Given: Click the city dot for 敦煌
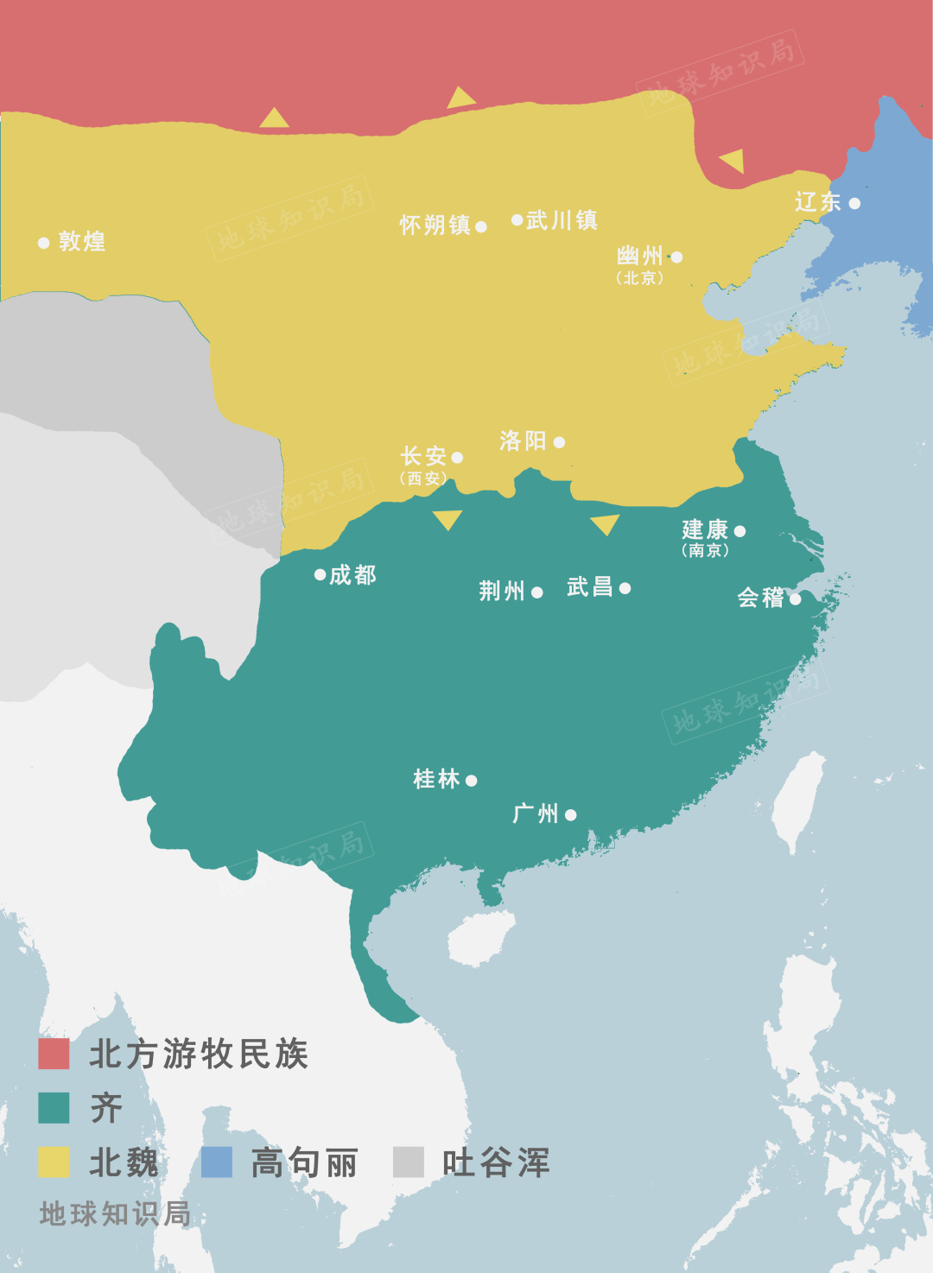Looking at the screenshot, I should tap(44, 243).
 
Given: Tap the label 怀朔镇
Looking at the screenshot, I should tap(435, 225).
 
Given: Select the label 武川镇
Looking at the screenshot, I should tap(562, 221).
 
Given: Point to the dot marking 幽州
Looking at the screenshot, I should tap(676, 257).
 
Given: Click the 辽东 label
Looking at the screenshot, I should tap(817, 202).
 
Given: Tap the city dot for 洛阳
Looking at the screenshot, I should tap(559, 442).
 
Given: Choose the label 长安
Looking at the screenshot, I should tap(422, 456).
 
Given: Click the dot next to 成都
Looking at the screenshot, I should tap(320, 574).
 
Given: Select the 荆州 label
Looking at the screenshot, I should tap(502, 592).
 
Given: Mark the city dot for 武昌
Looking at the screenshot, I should tap(625, 588).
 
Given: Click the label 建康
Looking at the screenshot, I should tap(705, 529).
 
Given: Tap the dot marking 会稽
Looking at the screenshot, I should tap(795, 598).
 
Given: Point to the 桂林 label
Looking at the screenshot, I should tap(436, 779).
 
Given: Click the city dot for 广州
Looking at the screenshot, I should tap(570, 814).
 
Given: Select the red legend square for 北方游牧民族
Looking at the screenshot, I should tap(54, 1054).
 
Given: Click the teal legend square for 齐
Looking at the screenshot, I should tap(54, 1108).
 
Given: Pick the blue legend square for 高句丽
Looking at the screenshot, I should tap(217, 1162).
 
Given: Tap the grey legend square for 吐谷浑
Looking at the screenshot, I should tap(408, 1162).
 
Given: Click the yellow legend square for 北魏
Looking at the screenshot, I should tap(54, 1162).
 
